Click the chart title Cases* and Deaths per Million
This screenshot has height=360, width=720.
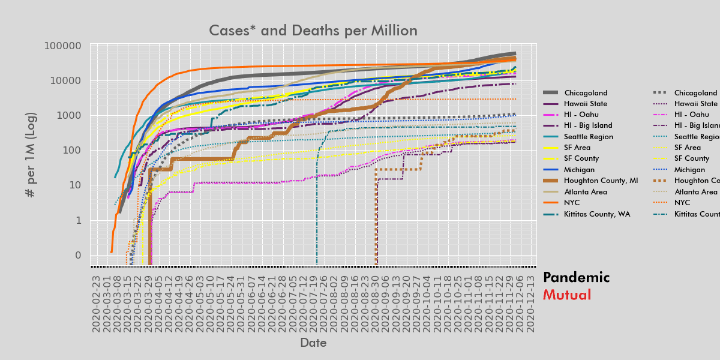coord(313,31)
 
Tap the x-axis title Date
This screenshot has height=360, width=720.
coord(313,343)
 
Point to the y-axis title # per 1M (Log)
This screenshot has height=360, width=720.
coord(31,155)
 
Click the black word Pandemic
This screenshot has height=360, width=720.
coord(576,278)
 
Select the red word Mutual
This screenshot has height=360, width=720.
coord(566,295)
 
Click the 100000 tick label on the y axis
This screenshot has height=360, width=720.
coord(64,46)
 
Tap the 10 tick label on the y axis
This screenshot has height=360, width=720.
coord(75,185)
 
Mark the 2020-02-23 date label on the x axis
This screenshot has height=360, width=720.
coord(96,303)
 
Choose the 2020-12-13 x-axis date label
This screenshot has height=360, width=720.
coord(530,303)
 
